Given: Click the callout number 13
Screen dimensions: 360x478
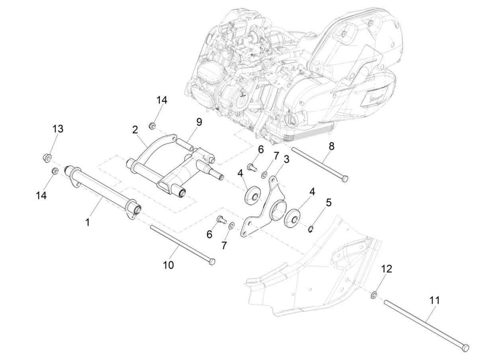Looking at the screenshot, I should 58,129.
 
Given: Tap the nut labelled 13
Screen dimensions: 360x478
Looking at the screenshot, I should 46,158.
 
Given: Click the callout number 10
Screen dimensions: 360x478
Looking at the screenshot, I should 168,265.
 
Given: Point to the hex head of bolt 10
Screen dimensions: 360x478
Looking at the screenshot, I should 212,261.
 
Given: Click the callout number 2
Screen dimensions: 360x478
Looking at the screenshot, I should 135,129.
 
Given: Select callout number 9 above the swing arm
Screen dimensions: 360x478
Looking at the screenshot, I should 198,122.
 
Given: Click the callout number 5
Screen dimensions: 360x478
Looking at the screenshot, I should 328,202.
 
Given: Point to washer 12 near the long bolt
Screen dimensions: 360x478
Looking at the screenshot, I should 374,295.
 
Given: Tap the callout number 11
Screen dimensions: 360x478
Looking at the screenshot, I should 435,300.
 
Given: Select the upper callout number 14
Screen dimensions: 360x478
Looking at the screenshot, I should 161,100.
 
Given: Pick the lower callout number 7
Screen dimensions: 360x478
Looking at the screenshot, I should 224,246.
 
